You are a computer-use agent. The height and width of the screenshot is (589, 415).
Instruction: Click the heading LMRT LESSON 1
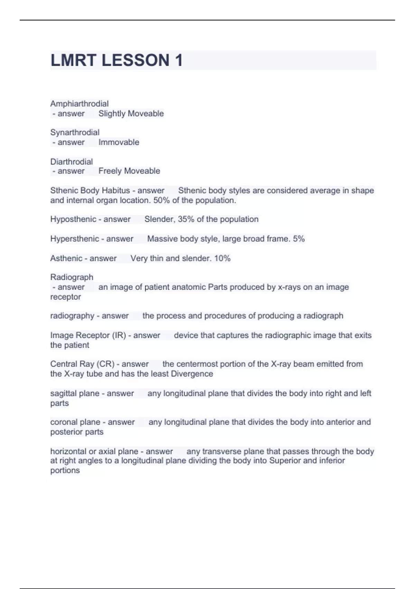coord(117,60)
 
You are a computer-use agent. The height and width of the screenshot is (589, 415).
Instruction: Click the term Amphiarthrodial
coord(79,104)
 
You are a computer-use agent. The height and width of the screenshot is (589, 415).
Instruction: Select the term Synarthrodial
coord(75,132)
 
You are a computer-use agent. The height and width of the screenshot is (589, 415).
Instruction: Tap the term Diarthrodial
coord(72,161)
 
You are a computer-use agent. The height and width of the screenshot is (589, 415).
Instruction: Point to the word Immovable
coord(119,142)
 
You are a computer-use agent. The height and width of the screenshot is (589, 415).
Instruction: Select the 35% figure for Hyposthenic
coord(186,219)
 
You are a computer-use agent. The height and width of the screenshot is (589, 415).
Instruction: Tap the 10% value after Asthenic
coord(222,258)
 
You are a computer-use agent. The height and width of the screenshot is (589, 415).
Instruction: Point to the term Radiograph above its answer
coord(72,277)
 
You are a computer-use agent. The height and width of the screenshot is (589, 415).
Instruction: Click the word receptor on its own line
coord(65,297)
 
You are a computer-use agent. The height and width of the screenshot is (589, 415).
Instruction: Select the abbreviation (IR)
coord(119,335)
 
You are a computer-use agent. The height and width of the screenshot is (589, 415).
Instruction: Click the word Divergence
coord(192,374)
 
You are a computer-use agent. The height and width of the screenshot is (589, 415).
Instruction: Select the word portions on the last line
coord(65,470)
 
